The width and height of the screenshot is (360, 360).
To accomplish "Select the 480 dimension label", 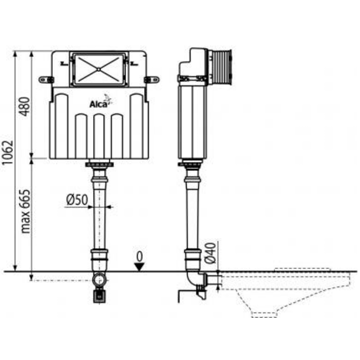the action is [25, 107].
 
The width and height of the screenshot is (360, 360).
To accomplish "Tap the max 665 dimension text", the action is [25, 211].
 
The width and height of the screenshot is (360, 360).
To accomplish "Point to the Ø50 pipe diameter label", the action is [76, 200].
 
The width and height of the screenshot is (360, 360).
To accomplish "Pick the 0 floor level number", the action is [140, 256].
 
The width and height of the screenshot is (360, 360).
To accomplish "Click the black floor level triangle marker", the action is [140, 267].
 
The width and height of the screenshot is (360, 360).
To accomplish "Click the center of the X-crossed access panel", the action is [99, 69].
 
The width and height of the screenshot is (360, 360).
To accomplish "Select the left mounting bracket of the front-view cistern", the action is [45, 79].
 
